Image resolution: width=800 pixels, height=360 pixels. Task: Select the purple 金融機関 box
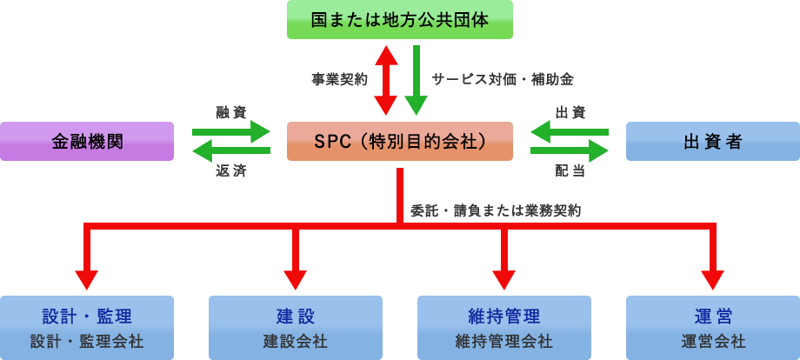[x=87, y=141]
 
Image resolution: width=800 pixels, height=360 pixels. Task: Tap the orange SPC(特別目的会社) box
[x=399, y=141]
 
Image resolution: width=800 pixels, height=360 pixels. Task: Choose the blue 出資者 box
[x=712, y=141]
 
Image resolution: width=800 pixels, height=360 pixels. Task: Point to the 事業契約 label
[x=339, y=79]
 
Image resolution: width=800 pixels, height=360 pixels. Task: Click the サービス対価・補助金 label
[x=503, y=79]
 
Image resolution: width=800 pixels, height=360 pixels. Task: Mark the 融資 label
[x=230, y=111]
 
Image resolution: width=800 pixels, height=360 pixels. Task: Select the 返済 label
[x=230, y=171]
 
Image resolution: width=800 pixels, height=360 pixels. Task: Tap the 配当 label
[x=570, y=170]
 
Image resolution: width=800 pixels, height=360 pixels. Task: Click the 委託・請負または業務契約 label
[x=496, y=210]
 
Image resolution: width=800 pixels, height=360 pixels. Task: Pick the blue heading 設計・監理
[x=87, y=316]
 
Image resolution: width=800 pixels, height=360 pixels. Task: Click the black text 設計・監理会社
[x=87, y=341]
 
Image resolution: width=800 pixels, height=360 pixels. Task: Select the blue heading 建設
[x=295, y=316]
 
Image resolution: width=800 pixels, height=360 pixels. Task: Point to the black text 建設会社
[x=295, y=341]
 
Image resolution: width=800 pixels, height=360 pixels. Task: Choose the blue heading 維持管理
[x=503, y=316]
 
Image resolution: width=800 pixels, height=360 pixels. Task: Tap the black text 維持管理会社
[x=503, y=341]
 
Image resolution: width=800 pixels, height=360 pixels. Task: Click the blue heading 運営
[x=713, y=316]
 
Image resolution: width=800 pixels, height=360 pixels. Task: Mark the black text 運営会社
[x=713, y=341]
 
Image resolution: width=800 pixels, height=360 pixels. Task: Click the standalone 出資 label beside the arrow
[x=570, y=112]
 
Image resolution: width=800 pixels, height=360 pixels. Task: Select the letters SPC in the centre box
[x=330, y=141]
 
